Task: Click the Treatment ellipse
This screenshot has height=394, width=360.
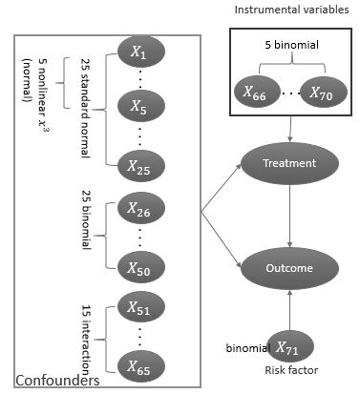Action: tap(290, 162)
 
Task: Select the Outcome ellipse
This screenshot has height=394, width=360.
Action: tap(290, 268)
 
